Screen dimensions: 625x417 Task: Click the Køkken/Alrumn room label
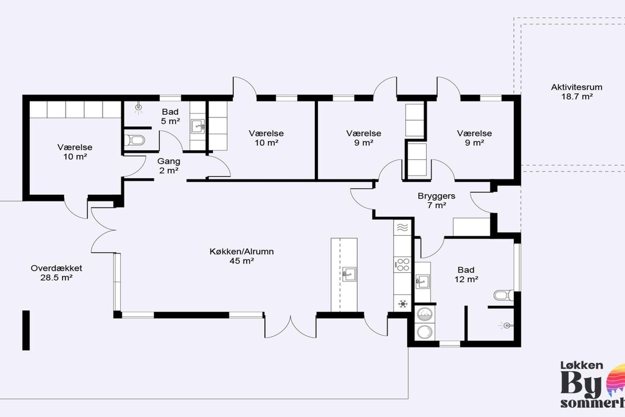point(242,252)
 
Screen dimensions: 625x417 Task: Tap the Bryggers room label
point(436,196)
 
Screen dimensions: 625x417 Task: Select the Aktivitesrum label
point(577,87)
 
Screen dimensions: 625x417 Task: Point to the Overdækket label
point(57,268)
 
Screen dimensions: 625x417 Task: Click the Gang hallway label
point(168,161)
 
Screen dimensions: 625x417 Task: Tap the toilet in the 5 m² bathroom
point(134,140)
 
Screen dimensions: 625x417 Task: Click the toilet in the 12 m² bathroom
point(504,295)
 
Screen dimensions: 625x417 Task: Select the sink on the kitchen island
point(349,274)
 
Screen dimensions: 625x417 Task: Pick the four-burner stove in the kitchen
point(403,265)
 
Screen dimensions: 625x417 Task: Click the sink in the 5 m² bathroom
point(198,126)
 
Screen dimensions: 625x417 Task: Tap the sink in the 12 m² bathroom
point(422,281)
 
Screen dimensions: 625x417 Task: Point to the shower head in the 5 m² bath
point(139,107)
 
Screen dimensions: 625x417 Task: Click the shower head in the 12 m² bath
point(505,325)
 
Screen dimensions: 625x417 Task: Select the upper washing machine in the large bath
point(425,314)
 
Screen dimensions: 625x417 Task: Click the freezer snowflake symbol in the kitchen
point(403,304)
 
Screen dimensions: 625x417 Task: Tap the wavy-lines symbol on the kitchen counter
point(403,228)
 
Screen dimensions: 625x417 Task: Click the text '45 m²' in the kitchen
point(242,261)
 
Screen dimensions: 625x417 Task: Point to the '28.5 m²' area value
point(56,278)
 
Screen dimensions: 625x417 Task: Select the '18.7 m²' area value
point(577,96)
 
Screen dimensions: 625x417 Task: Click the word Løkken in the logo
point(582,365)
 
